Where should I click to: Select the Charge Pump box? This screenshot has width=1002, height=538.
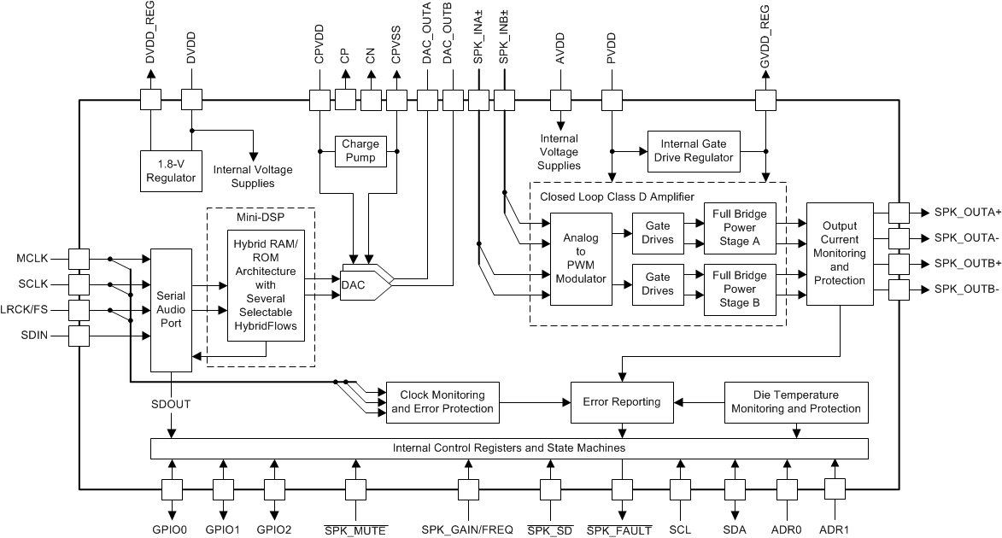pos(361,151)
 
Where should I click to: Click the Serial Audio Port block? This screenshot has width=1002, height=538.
pos(172,310)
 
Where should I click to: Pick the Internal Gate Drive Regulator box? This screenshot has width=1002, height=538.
pos(692,150)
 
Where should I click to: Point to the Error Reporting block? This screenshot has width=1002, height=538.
pos(621,401)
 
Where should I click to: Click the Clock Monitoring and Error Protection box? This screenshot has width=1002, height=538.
pos(442,401)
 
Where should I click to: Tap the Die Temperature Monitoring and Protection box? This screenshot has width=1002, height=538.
pos(796,401)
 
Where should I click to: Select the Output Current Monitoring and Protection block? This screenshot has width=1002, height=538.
pos(839,254)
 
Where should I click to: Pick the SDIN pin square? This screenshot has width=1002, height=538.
pos(79,336)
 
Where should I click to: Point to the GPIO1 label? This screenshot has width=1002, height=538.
pos(223,529)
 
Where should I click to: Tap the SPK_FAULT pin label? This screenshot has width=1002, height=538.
pos(619,529)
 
